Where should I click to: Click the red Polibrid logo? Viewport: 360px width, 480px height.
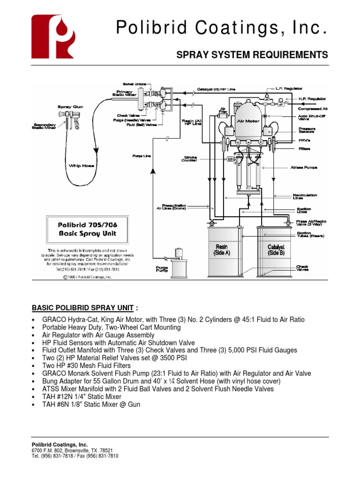pyautogui.click(x=52, y=36)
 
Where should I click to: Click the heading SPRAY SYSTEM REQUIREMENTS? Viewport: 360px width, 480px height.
pyautogui.click(x=252, y=55)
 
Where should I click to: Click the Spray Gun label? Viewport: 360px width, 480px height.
pyautogui.click(x=67, y=107)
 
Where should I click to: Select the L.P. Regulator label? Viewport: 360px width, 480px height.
pyautogui.click(x=289, y=88)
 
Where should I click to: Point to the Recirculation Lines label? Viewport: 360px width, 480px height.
pyautogui.click(x=305, y=195)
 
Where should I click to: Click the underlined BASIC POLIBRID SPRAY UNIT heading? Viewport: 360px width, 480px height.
pyautogui.click(x=82, y=307)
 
